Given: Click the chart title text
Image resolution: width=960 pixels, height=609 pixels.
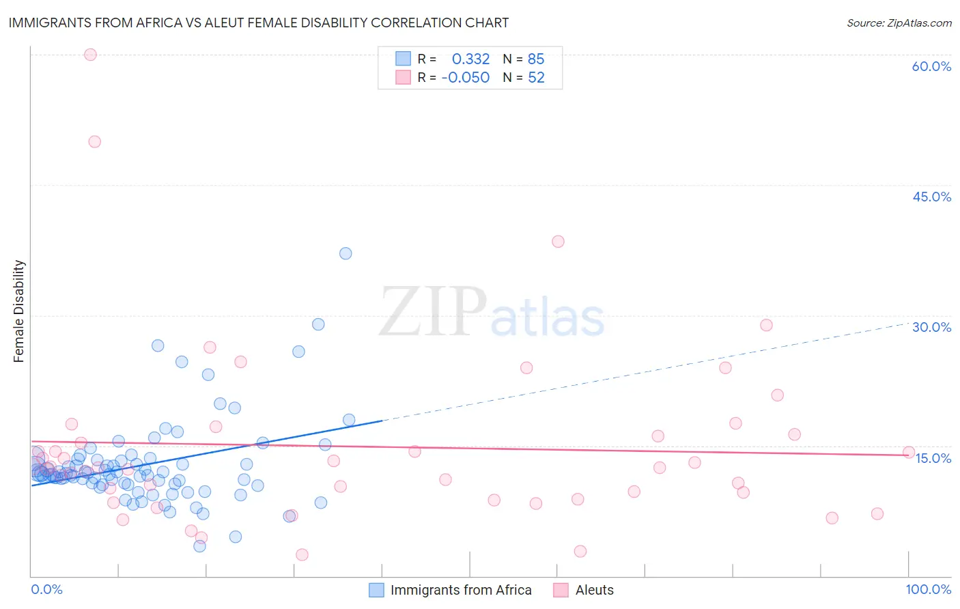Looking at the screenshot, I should click(x=258, y=23).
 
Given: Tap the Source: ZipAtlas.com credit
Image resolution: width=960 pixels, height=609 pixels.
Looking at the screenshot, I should click(x=899, y=23).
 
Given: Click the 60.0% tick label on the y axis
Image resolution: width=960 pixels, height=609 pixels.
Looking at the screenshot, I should click(x=931, y=66).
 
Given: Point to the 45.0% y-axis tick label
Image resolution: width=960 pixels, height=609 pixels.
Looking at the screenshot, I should click(x=931, y=197).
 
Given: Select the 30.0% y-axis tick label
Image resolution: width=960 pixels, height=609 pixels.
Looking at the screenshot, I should click(x=931, y=327).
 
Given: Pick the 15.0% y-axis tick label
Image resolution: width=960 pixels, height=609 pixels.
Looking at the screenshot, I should click(x=933, y=458).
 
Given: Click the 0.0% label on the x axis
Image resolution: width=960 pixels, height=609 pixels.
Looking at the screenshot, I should click(x=46, y=589).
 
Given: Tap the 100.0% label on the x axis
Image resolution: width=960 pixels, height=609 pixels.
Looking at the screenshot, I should click(x=928, y=589).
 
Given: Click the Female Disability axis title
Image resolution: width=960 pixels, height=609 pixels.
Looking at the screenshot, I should click(x=19, y=311).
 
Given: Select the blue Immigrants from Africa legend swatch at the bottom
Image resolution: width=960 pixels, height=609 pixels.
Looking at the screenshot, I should click(x=376, y=590).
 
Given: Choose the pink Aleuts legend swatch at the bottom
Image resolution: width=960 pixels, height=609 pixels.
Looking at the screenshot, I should click(x=561, y=590).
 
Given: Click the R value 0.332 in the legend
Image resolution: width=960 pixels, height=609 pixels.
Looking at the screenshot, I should click(x=470, y=59).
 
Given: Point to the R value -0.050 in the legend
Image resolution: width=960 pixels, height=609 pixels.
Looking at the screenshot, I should click(x=465, y=78).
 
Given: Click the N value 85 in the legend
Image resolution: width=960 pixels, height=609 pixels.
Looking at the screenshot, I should click(x=536, y=59).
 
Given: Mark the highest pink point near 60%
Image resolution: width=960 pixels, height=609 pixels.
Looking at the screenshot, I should click(x=90, y=55).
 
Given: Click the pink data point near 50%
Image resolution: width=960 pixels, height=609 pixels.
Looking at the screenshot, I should click(x=95, y=142).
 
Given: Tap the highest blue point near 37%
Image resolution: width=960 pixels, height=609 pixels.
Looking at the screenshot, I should click(x=345, y=253).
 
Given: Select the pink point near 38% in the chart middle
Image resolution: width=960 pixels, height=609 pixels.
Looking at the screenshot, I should click(x=558, y=241).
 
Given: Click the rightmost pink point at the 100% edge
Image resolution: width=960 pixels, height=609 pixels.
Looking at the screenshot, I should click(x=909, y=452).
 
